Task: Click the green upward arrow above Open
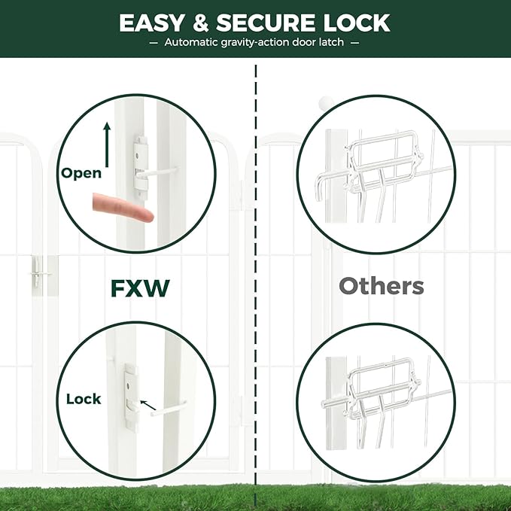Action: pyautogui.click(x=107, y=145)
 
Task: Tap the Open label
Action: pyautogui.click(x=81, y=173)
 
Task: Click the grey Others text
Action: pyautogui.click(x=381, y=286)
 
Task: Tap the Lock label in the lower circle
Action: pyautogui.click(x=84, y=399)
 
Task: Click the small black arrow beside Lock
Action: pyautogui.click(x=149, y=407)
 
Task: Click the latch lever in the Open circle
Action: pyautogui.click(x=158, y=172)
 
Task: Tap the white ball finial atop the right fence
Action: pyautogui.click(x=326, y=102)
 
